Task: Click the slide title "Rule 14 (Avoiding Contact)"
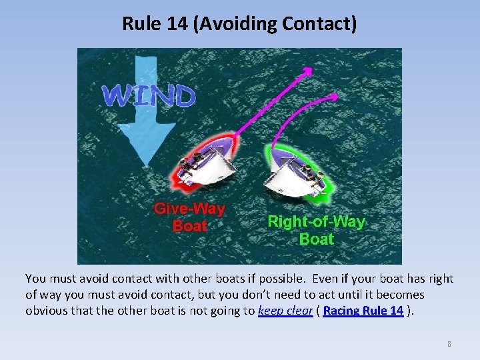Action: [239, 24]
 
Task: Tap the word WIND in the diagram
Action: [149, 96]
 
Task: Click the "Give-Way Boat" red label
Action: [189, 217]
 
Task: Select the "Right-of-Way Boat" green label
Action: [316, 230]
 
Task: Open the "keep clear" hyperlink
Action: [285, 311]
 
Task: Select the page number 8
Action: [449, 344]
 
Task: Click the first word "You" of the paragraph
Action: [35, 279]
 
